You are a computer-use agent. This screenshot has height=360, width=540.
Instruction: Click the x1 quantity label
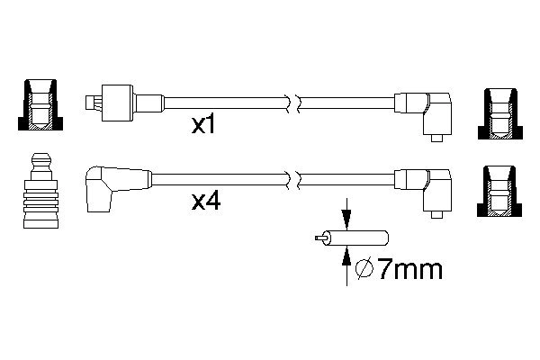[x=203, y=125]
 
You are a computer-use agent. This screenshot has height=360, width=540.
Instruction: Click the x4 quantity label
[x=205, y=202]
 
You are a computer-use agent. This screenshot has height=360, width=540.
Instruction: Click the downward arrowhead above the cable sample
[x=346, y=219]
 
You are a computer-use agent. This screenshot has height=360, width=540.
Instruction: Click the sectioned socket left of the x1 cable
[x=40, y=104]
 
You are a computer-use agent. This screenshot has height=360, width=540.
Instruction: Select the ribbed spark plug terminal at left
[x=41, y=191]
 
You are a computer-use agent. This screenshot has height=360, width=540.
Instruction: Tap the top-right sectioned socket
[x=500, y=113]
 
